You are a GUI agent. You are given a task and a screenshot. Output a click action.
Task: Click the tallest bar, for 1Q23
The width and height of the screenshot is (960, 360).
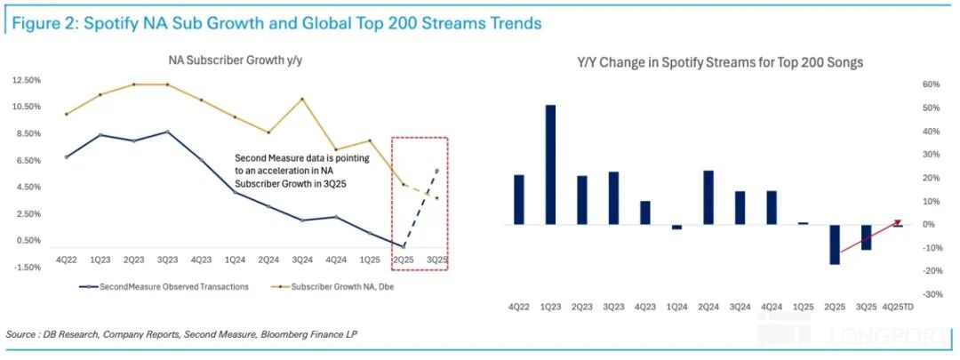coord(551,164)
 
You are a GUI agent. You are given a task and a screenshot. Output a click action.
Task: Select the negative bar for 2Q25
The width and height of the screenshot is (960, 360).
coord(835,244)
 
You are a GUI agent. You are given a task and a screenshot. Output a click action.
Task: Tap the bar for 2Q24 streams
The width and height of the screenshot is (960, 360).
coord(708,197)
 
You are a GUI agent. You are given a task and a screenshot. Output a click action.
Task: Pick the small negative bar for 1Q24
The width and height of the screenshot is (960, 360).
coord(677,227)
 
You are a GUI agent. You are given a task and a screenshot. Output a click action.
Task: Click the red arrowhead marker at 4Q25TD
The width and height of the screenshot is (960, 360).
coord(898,222)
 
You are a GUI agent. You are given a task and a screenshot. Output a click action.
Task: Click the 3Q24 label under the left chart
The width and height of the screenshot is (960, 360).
coord(302,260)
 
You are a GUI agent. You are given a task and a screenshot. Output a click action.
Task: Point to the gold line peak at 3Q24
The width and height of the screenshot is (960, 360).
coord(302,99)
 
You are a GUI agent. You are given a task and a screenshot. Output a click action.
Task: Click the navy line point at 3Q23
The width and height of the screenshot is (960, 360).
coord(167,132)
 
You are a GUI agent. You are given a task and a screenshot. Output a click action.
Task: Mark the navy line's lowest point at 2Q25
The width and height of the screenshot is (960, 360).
coord(404,246)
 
